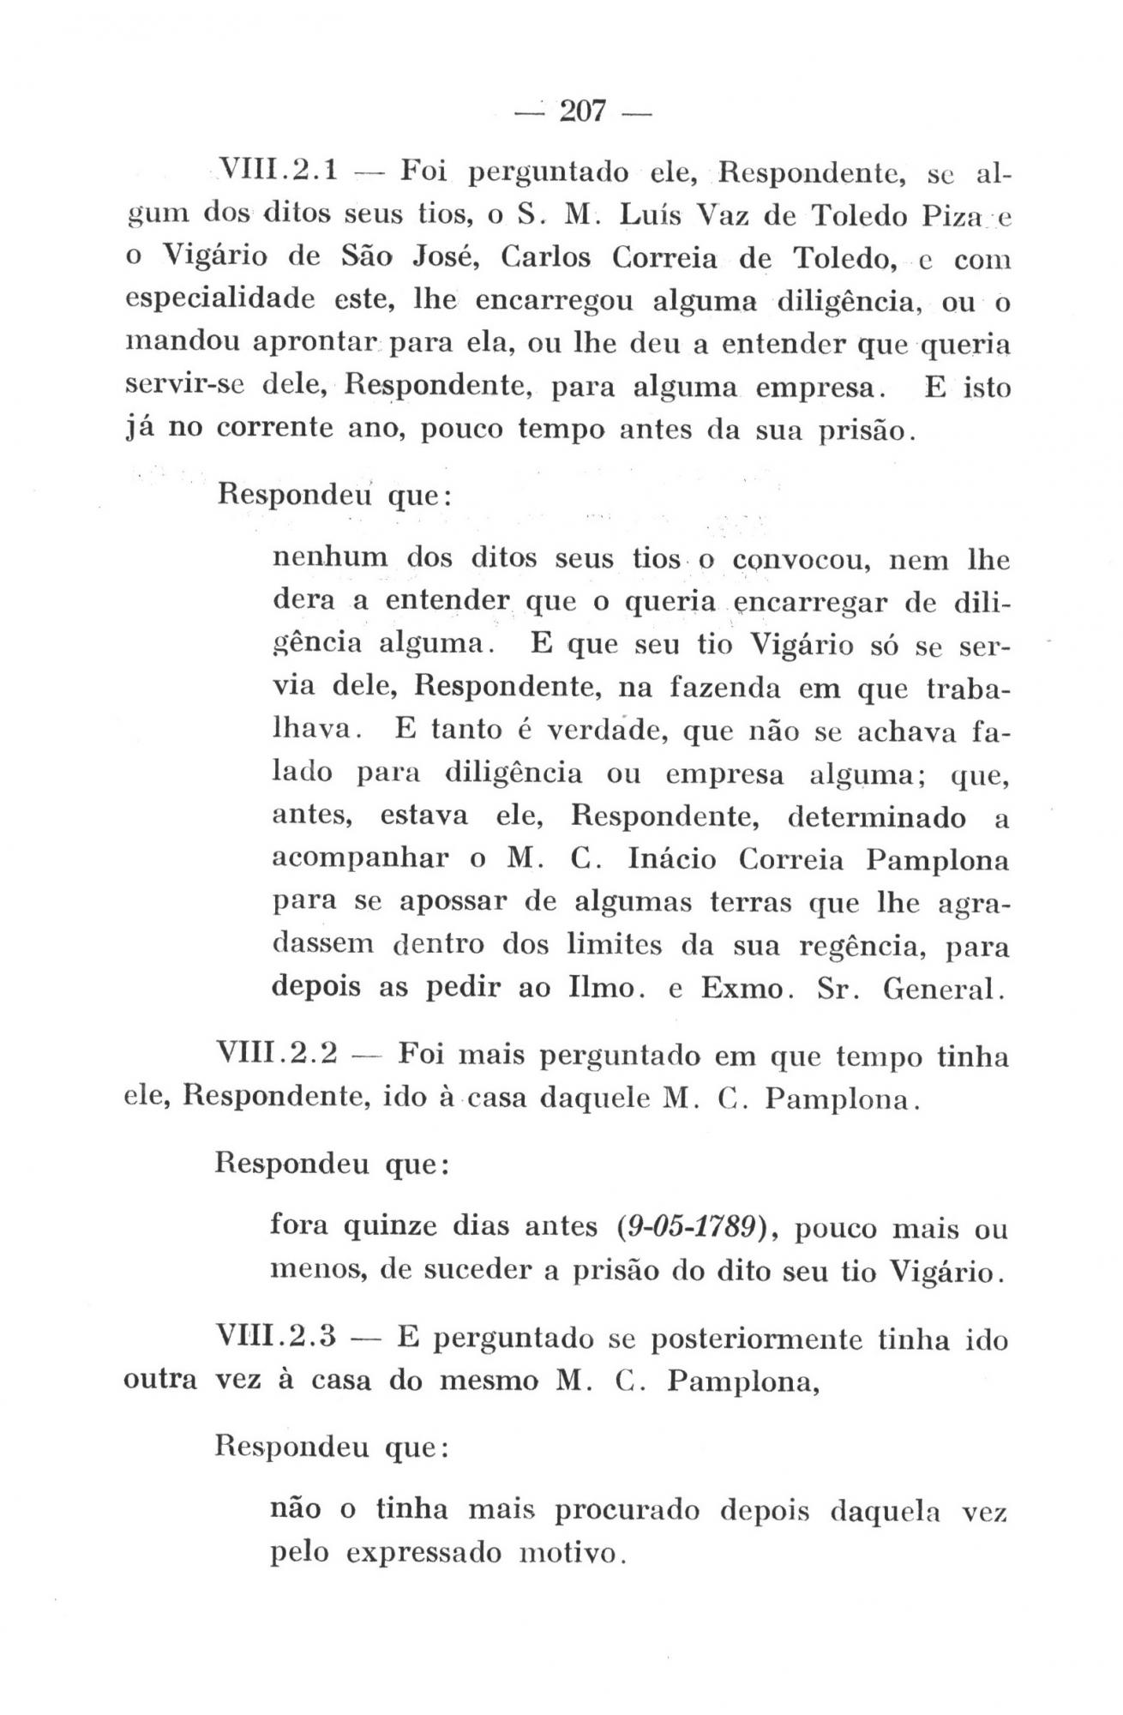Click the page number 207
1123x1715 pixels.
(582, 111)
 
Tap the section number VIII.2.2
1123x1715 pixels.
(277, 1053)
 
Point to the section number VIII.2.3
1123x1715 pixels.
(277, 1338)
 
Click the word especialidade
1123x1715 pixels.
(219, 302)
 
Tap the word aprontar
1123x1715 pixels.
(314, 345)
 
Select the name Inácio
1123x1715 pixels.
(676, 860)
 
